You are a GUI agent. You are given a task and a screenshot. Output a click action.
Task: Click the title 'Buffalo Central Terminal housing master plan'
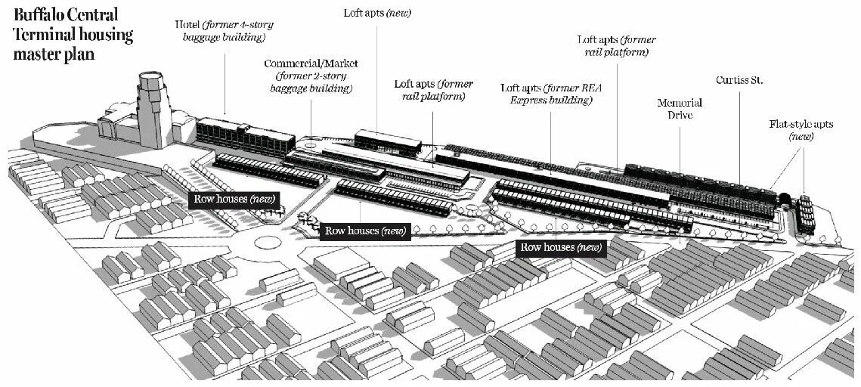[x=73, y=35]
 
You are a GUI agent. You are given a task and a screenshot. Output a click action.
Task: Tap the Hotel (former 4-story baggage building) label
[x=224, y=30]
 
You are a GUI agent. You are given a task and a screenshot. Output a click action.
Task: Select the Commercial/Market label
[x=311, y=76]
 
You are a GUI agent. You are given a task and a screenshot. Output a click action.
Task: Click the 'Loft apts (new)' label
[x=377, y=13]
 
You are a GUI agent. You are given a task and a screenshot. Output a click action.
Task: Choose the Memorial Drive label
[x=680, y=109]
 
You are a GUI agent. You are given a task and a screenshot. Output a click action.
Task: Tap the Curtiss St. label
[x=739, y=79]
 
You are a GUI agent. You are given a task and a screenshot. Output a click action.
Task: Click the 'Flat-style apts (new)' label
[x=801, y=130]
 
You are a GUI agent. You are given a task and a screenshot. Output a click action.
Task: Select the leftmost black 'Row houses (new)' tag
[x=234, y=199]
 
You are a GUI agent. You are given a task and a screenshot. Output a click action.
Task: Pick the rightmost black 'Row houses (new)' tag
[x=562, y=247]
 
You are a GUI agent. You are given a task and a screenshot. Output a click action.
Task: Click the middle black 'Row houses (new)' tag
[x=364, y=231]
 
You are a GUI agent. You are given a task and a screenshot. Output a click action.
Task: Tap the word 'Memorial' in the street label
[x=680, y=103]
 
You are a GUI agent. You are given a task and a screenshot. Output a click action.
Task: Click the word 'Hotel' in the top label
[x=188, y=23]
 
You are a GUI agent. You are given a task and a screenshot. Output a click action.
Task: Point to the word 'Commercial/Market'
[x=311, y=63]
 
